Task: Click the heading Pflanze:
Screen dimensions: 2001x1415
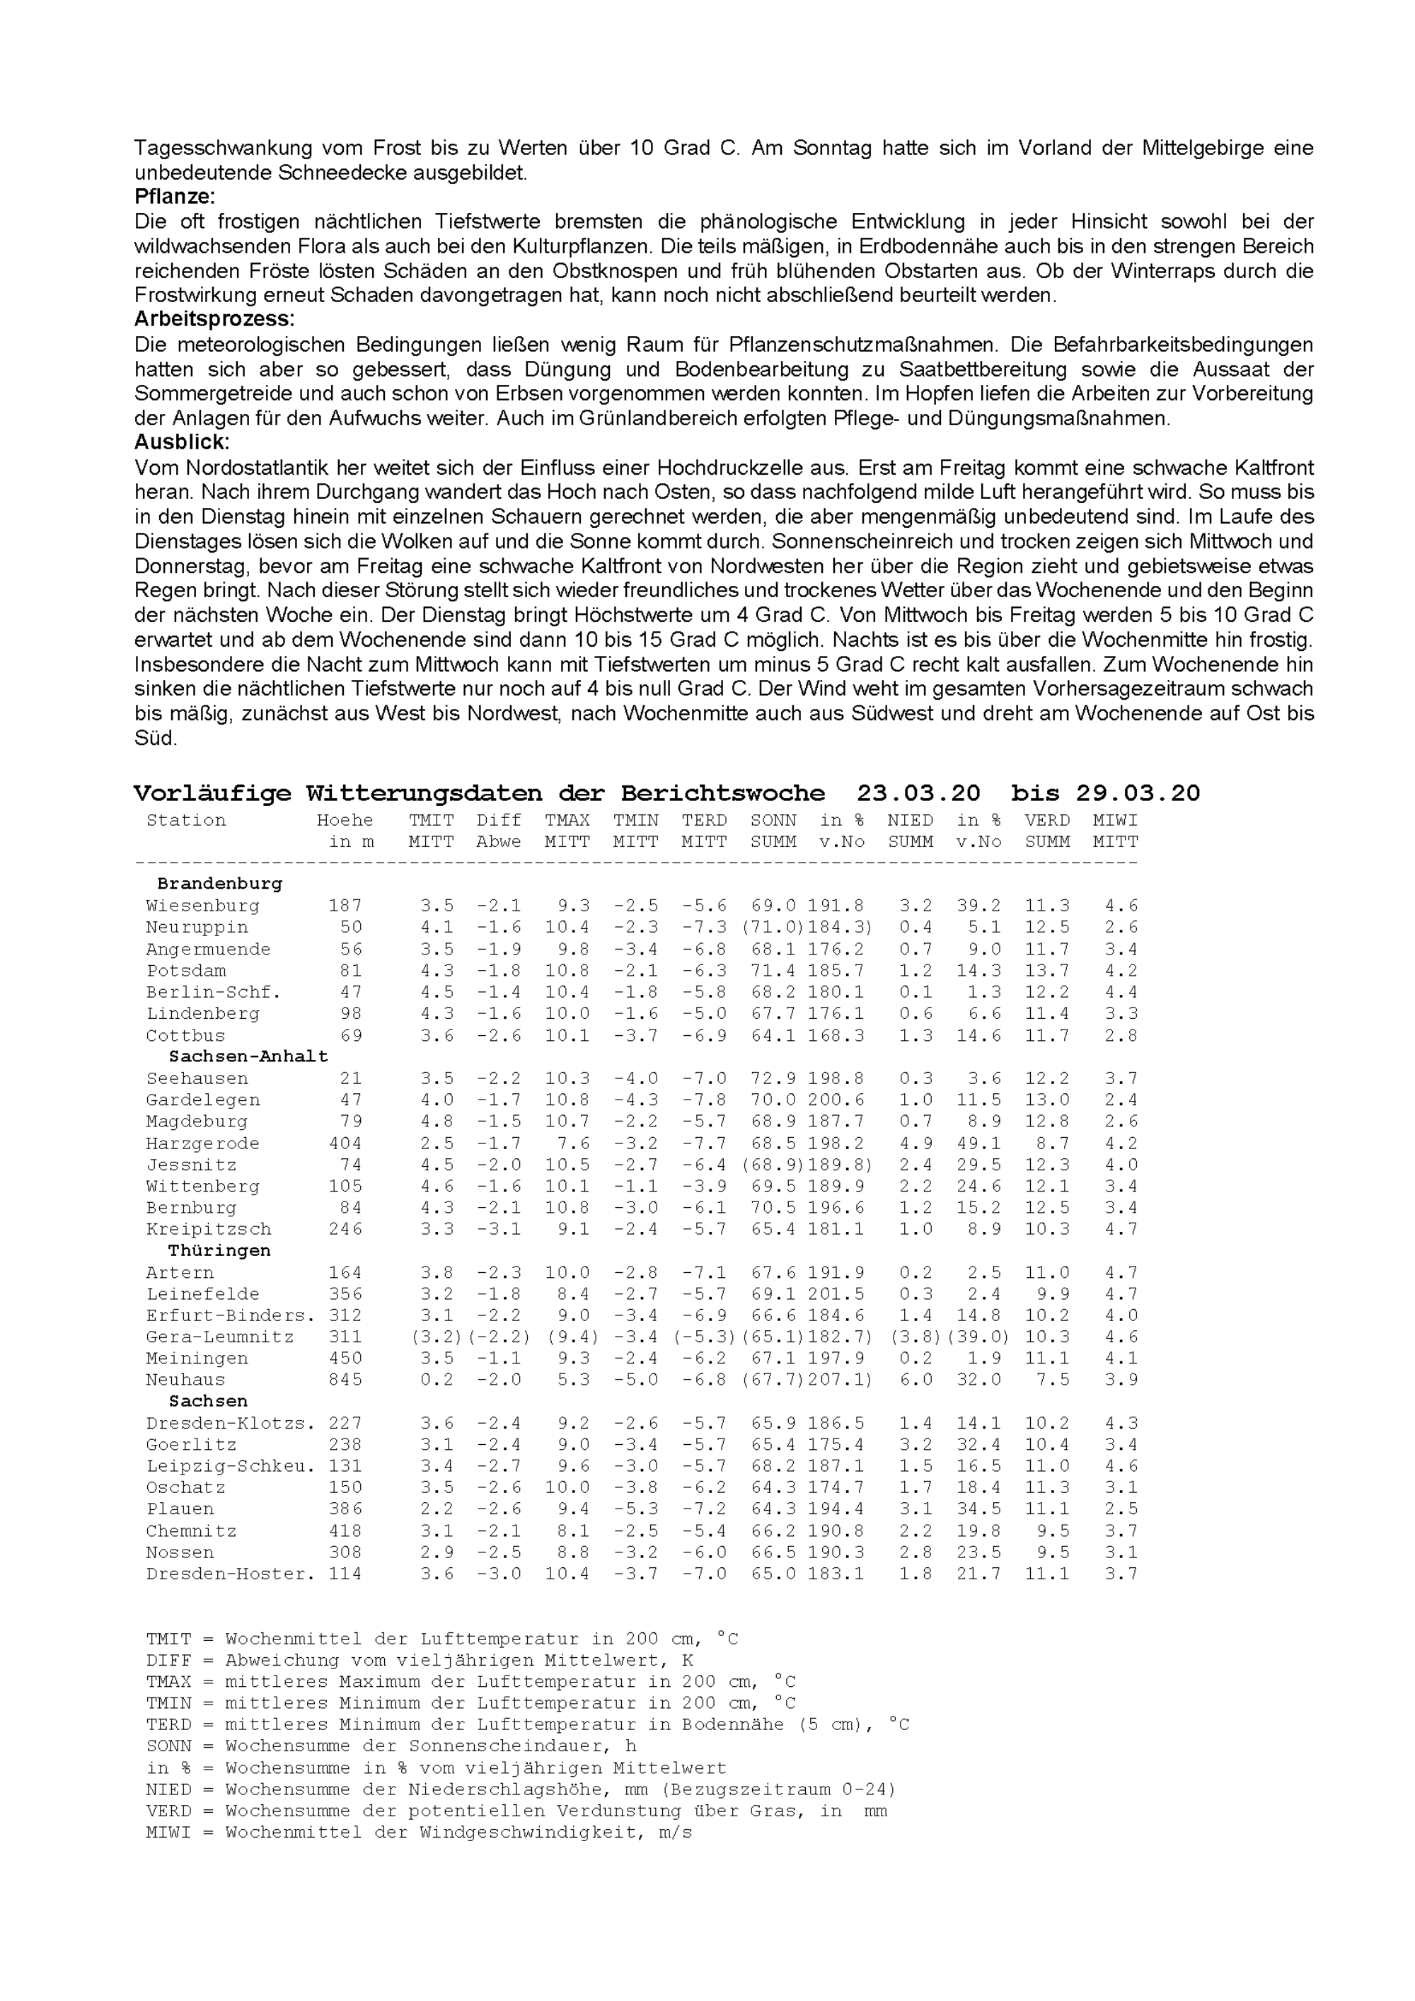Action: point(174,197)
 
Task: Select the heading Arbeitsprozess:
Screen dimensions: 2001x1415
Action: point(214,319)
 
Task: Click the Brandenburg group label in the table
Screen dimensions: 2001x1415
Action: point(219,884)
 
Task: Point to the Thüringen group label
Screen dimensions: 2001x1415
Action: point(219,1251)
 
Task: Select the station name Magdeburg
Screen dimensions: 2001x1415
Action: point(196,1121)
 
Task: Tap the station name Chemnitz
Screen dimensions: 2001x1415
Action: point(191,1531)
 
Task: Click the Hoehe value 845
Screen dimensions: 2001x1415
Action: point(345,1380)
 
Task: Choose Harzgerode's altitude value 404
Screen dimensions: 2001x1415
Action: point(345,1143)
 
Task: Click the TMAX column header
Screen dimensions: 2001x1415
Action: point(567,821)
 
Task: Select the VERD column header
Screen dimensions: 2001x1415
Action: point(1046,821)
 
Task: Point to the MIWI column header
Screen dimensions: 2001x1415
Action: point(1115,821)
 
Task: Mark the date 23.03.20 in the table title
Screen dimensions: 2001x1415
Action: point(918,794)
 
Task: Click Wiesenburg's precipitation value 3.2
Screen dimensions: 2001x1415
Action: point(916,906)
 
